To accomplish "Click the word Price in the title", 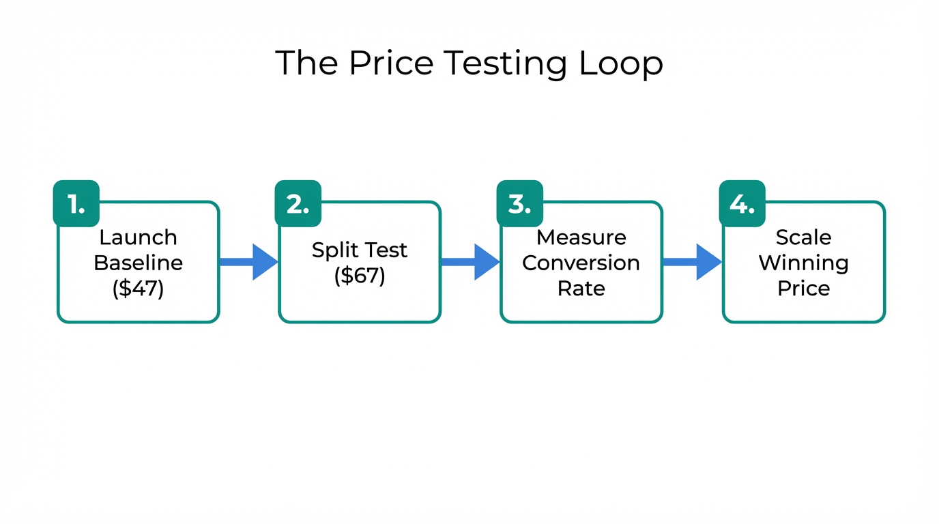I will [x=390, y=63].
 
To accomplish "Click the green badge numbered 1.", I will [x=76, y=203].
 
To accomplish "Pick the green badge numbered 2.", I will [x=298, y=203].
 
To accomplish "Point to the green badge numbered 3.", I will [x=520, y=203].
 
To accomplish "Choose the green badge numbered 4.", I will [x=742, y=203].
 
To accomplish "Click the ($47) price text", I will [x=138, y=288].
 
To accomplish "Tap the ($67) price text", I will [x=360, y=276].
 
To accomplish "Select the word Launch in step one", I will [x=138, y=237].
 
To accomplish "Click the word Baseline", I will [x=138, y=263].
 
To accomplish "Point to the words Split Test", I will [x=360, y=250].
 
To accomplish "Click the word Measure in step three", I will [x=581, y=237].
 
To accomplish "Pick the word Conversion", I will [x=581, y=263].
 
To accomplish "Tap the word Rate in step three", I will [x=581, y=288].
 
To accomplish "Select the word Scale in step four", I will [x=803, y=237].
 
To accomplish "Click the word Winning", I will [x=803, y=263].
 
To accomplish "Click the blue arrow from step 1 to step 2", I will [x=250, y=262].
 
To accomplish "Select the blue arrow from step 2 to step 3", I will [x=472, y=262].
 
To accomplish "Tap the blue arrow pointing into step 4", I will [x=693, y=262].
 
